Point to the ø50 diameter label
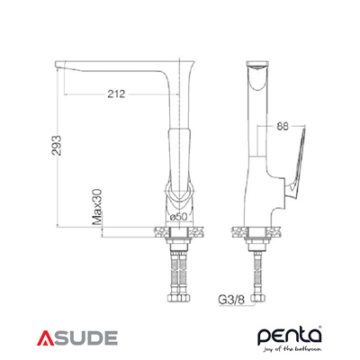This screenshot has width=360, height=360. coord(178,218)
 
